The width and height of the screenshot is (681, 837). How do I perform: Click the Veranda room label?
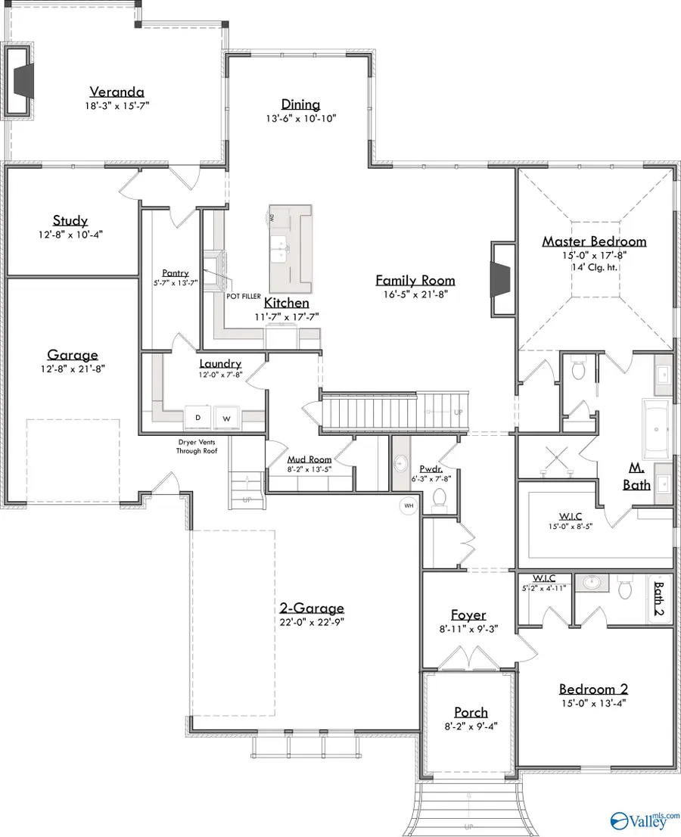[117, 92]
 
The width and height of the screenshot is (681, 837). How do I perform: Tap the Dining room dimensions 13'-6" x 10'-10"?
[300, 118]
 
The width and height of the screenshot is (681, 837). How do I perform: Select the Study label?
[70, 221]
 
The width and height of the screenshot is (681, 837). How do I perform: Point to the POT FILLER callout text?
[242, 296]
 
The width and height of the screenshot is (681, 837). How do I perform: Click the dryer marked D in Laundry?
[198, 417]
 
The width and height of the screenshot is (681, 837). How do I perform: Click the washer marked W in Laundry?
[225, 417]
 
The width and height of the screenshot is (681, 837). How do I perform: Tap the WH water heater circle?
[409, 505]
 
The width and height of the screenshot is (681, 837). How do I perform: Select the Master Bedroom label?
[594, 241]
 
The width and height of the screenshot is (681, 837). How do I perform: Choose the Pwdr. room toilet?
[439, 497]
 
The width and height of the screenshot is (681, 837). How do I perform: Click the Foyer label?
[468, 615]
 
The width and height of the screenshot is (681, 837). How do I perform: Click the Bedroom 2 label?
[593, 689]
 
